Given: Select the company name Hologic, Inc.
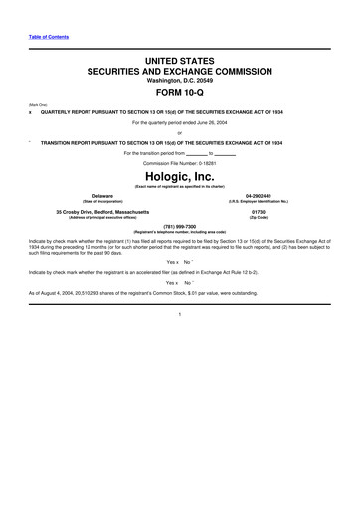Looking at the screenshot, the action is tap(179, 176).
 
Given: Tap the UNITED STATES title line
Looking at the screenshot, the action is tap(179, 62).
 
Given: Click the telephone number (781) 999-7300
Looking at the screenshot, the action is tap(179, 225).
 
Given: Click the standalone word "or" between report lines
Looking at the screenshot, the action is tap(179, 132).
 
